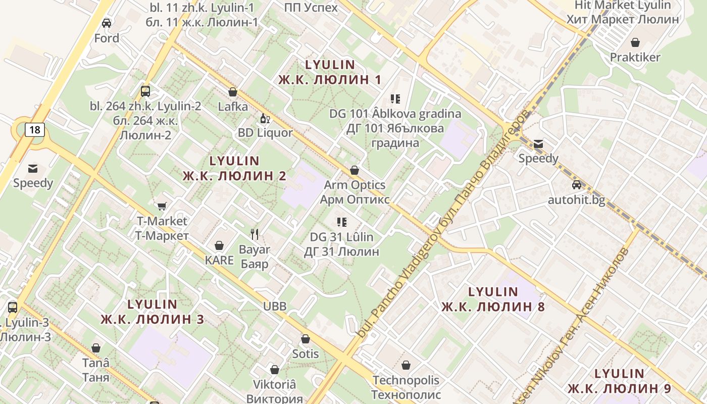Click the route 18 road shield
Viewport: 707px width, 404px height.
[x=34, y=130]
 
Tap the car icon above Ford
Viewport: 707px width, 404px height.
[x=107, y=23]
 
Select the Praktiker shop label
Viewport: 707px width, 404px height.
[x=635, y=57]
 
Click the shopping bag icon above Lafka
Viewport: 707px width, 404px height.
[x=233, y=92]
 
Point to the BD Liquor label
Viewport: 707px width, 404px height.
[x=265, y=133]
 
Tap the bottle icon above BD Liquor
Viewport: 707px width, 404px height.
[x=264, y=119]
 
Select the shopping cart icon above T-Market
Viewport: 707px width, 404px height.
[x=162, y=206]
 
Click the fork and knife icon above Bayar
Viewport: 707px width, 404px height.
[x=255, y=234]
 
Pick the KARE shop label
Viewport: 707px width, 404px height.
[x=219, y=260]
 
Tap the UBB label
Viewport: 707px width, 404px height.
[x=275, y=306]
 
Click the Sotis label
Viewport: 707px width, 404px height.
[x=306, y=353]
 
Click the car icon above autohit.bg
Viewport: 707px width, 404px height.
[x=576, y=185]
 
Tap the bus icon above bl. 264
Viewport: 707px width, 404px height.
[x=145, y=91]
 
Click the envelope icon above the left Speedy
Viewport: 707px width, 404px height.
[x=33, y=168]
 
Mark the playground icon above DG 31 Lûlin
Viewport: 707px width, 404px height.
[x=342, y=222]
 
